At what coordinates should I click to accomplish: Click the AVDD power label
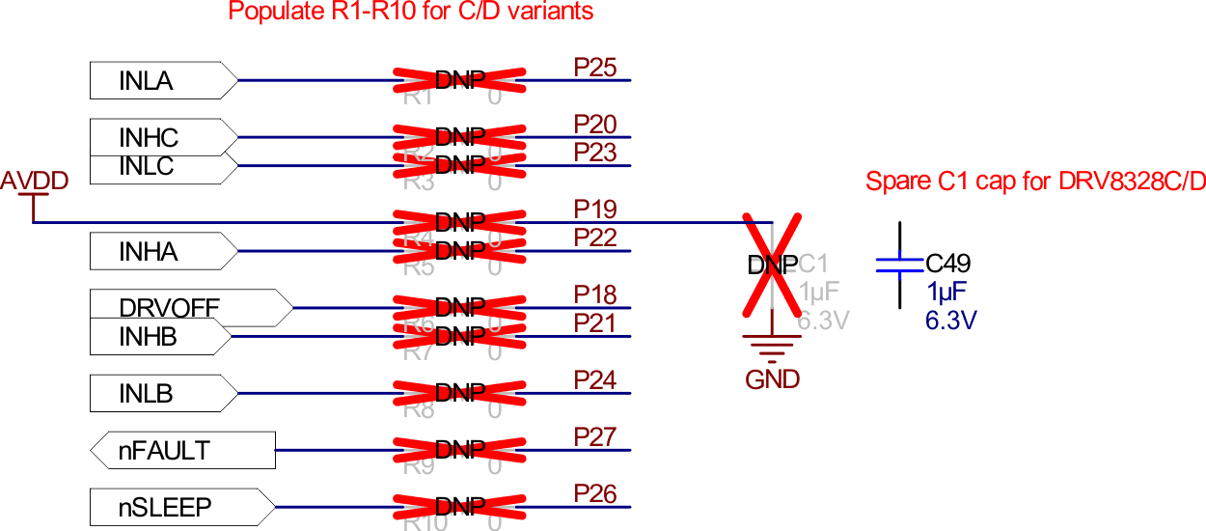[34, 181]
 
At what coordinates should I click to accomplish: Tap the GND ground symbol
[772, 348]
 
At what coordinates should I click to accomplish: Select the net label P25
[594, 68]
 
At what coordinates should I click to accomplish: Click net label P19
[594, 210]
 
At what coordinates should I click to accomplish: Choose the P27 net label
[594, 437]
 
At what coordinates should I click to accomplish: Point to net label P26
[594, 493]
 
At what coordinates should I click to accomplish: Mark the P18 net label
[594, 294]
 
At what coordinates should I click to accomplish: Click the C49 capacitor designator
[947, 264]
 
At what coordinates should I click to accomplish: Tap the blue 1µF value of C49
[946, 293]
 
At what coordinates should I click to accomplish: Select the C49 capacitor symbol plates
[899, 265]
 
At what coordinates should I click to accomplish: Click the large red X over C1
[772, 265]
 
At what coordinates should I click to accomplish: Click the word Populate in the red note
[272, 12]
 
